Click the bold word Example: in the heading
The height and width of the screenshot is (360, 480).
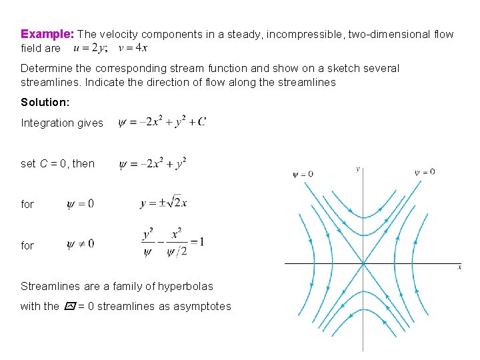point(47,33)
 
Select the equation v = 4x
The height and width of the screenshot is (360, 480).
point(133,48)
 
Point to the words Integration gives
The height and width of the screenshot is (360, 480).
point(62,123)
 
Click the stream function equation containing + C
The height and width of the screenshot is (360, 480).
point(162,122)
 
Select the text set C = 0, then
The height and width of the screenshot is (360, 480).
point(58,163)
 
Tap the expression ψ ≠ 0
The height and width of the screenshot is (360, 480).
point(81,244)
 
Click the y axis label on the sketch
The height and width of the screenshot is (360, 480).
point(359,169)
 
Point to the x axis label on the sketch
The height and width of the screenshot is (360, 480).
point(460,267)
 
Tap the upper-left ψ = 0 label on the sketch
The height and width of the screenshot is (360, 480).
point(303,175)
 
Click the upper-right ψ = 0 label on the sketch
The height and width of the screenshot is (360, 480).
point(425,172)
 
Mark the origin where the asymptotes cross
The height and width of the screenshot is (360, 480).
point(363,263)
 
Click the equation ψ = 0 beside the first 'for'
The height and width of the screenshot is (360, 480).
point(81,204)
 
